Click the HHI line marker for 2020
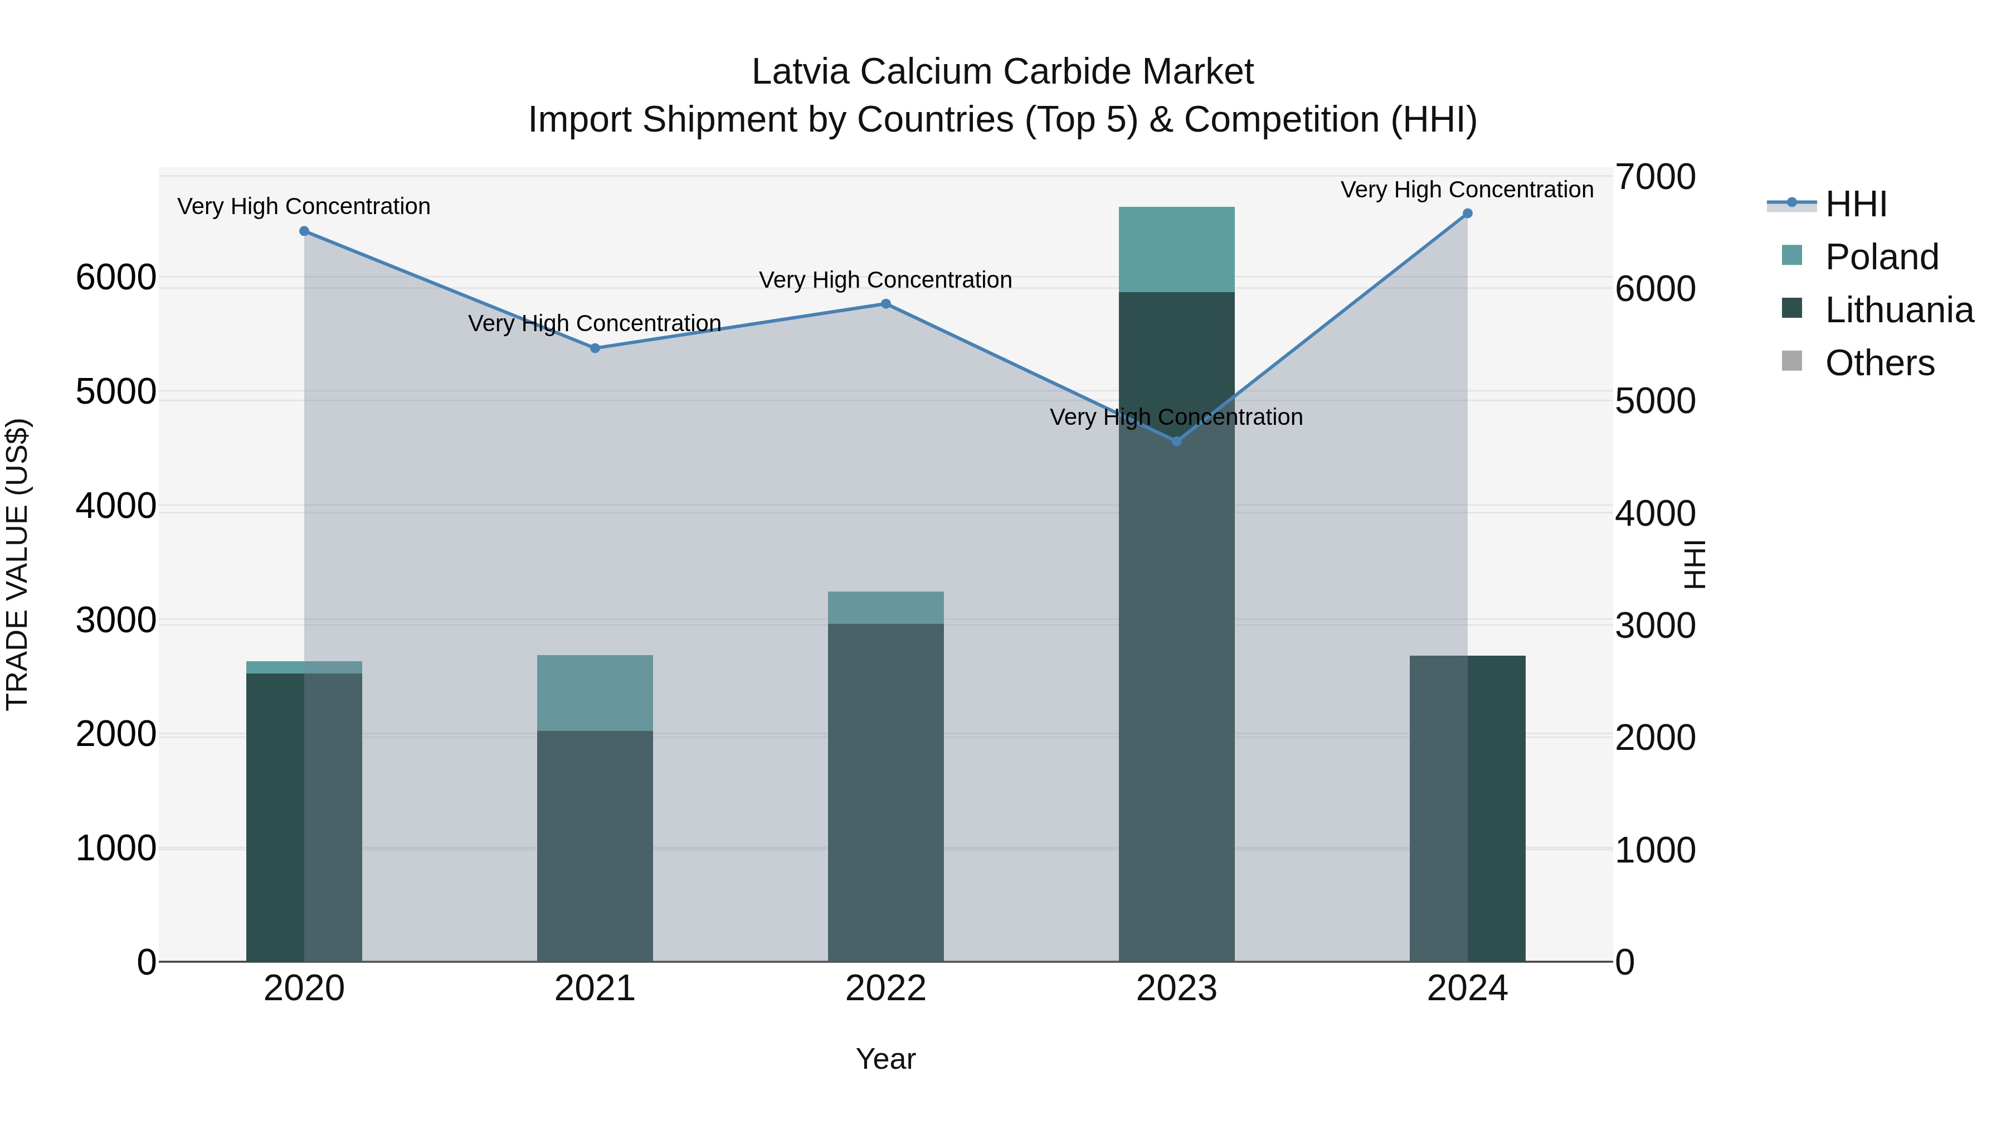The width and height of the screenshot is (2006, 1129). click(304, 231)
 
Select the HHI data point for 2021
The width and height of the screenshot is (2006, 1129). click(595, 348)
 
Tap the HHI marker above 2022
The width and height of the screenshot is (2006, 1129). click(885, 304)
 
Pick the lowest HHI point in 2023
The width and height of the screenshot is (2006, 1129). click(1177, 442)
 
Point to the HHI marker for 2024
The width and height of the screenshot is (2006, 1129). click(1467, 214)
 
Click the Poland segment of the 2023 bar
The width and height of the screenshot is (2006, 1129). click(1177, 249)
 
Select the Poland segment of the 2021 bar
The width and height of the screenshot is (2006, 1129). click(595, 692)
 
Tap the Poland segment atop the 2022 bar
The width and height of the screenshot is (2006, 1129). click(885, 608)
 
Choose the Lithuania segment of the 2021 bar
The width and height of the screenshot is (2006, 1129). click(595, 845)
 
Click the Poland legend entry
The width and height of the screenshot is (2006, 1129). click(1881, 257)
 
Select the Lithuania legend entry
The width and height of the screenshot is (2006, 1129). click(1898, 310)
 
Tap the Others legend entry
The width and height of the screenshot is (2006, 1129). click(1879, 363)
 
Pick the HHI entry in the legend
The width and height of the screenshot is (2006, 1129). click(1855, 204)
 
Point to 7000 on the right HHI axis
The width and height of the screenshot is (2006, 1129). click(1655, 177)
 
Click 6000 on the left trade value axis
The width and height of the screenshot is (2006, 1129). click(116, 278)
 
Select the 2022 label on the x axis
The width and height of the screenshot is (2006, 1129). click(885, 989)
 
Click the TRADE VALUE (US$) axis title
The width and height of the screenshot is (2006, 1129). click(18, 564)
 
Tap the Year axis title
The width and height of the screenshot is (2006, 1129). click(885, 1059)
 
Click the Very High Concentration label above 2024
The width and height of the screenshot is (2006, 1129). click(1467, 190)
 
